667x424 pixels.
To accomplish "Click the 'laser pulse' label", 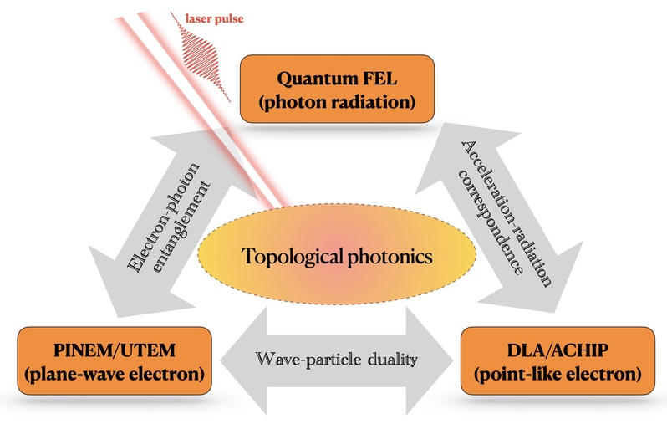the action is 214,19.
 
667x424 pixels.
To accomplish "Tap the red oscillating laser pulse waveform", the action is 200,57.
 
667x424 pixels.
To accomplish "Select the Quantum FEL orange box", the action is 338,89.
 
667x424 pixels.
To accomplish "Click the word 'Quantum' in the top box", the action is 310,79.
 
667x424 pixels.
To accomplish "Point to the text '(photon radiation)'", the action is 338,103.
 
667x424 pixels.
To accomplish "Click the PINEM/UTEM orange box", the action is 115,360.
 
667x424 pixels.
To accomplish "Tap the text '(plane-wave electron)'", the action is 115,374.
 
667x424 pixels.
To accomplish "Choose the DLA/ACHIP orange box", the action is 558,360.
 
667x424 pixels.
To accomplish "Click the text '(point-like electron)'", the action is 558,374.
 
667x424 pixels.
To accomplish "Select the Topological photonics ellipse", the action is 337,254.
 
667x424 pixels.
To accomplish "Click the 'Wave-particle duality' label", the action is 337,360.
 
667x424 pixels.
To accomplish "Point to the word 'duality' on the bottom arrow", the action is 393,360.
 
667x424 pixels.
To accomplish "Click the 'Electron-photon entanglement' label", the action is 169,217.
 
